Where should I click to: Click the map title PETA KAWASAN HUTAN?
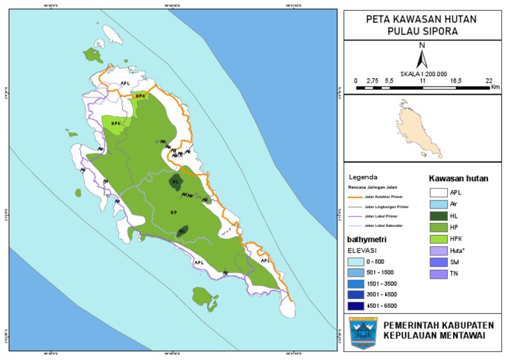point(422,19)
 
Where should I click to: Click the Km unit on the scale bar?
point(495,87)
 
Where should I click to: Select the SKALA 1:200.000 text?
point(423,73)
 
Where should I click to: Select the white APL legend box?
point(437,192)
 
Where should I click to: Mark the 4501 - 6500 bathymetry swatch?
point(358,306)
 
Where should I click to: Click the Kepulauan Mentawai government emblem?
point(363,332)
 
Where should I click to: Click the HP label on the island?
point(173,212)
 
